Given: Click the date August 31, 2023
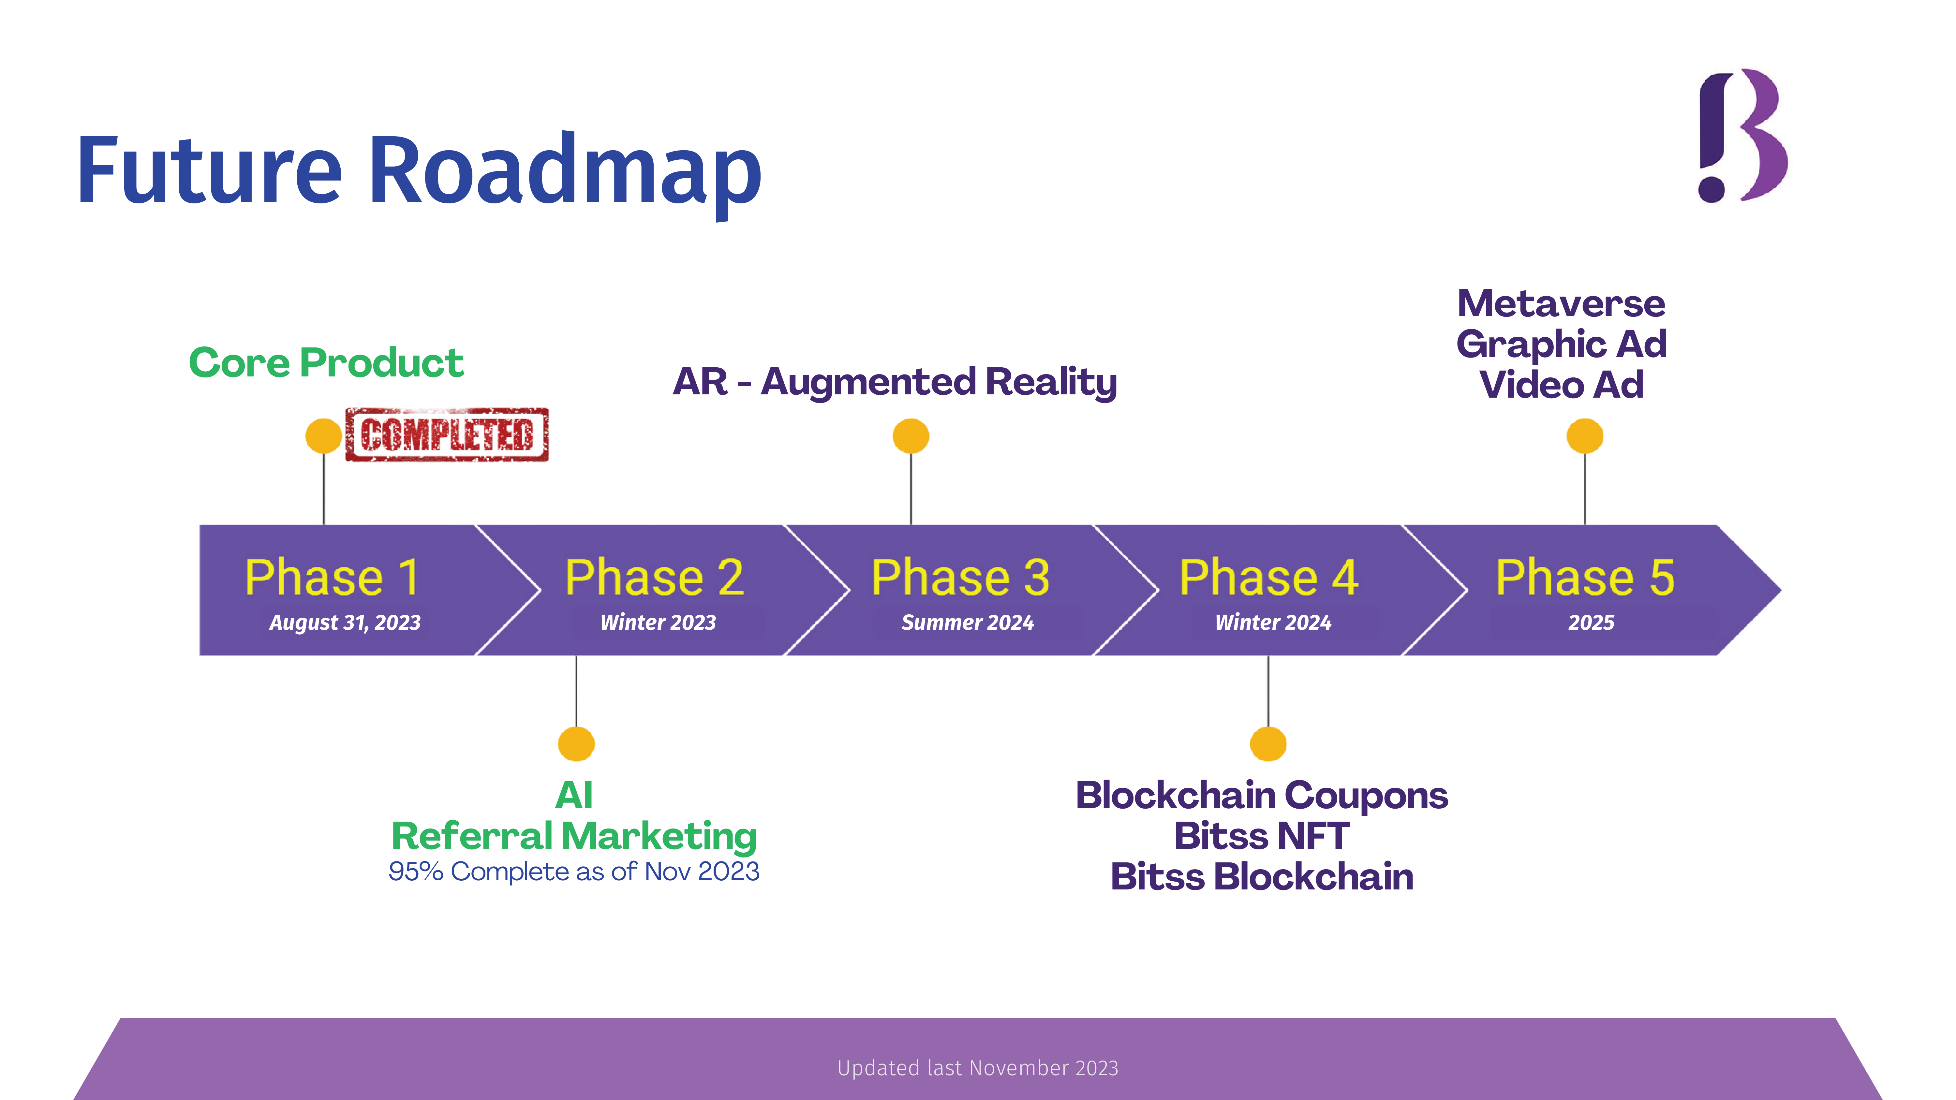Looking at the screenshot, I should (345, 623).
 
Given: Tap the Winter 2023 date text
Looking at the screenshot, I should (658, 623).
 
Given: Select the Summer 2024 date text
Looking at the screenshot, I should (967, 623).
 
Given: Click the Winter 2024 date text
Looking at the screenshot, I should (1273, 623).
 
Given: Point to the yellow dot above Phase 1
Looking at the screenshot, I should (323, 436).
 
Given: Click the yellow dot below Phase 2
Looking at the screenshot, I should (576, 744).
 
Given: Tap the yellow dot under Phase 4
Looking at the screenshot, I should (1268, 744).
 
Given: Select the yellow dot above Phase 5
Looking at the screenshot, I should (1585, 436).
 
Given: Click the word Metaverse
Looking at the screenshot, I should (1561, 304).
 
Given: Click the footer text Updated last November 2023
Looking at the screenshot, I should (977, 1068).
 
